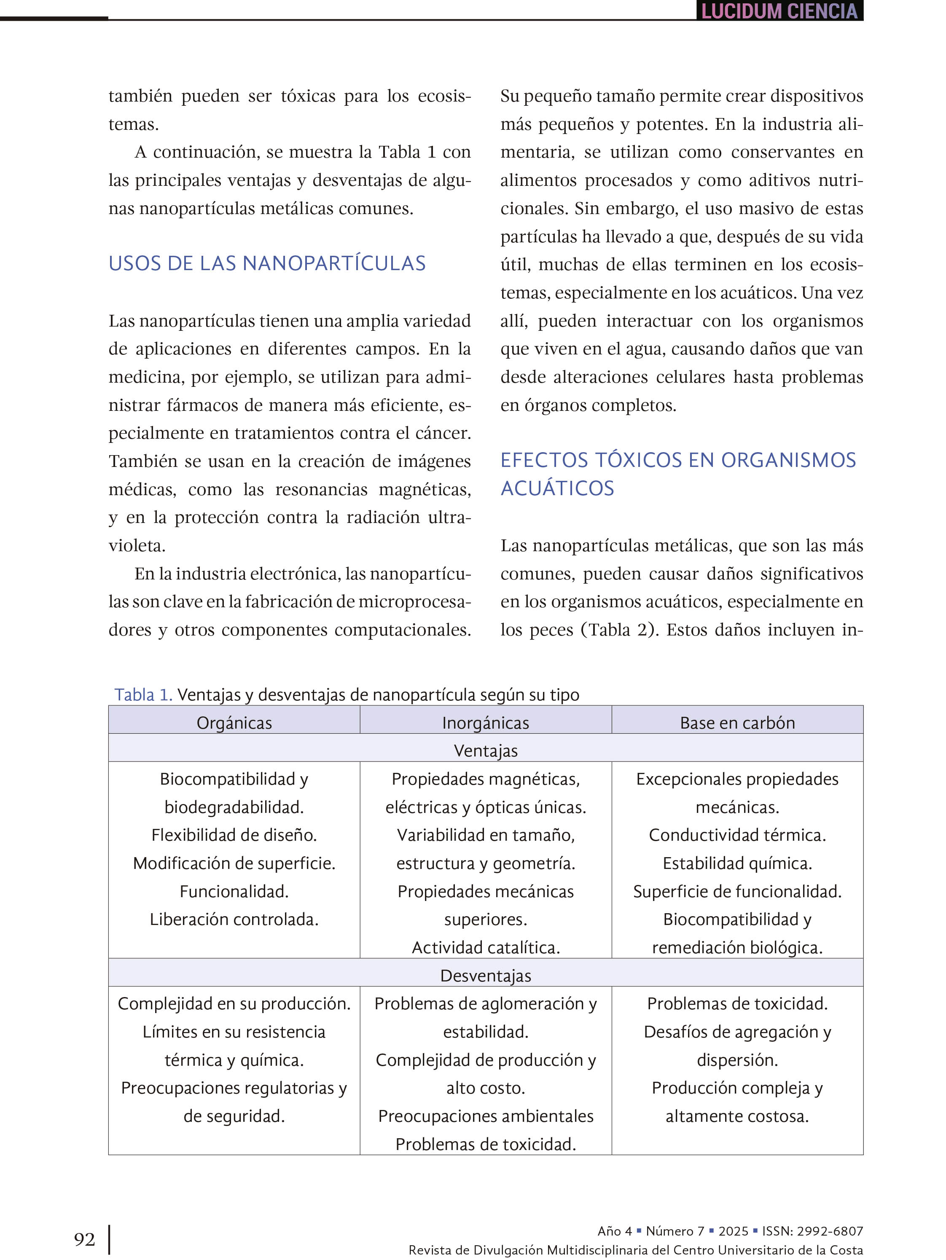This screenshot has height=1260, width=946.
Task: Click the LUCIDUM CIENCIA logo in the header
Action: (x=779, y=11)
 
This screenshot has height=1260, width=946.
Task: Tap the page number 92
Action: (x=84, y=1239)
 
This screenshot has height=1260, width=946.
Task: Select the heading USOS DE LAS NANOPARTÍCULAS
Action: (x=267, y=263)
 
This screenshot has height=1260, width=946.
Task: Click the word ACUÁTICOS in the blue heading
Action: (x=557, y=488)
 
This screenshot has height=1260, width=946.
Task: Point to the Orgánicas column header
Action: (x=234, y=722)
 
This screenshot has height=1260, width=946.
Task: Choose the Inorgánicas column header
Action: (x=486, y=722)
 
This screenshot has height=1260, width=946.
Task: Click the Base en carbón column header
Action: (x=737, y=722)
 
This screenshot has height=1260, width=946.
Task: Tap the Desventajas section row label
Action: (x=486, y=975)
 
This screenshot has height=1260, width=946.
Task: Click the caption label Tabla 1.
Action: (x=143, y=694)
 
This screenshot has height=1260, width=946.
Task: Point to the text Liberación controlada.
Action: (x=234, y=919)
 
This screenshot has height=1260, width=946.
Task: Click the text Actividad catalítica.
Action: (x=486, y=947)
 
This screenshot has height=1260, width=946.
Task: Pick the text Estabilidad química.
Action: (x=737, y=863)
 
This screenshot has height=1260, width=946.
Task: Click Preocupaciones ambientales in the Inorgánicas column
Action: (x=486, y=1115)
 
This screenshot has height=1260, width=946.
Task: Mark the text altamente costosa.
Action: (x=737, y=1115)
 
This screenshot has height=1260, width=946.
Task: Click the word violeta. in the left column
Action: (x=137, y=545)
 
